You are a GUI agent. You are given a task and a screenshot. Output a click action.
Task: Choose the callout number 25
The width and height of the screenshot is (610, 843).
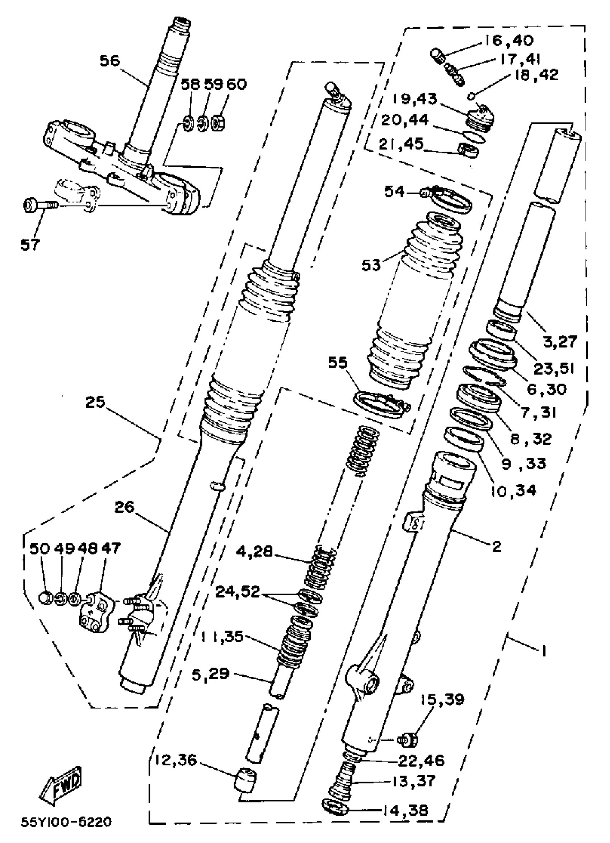(x=95, y=402)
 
